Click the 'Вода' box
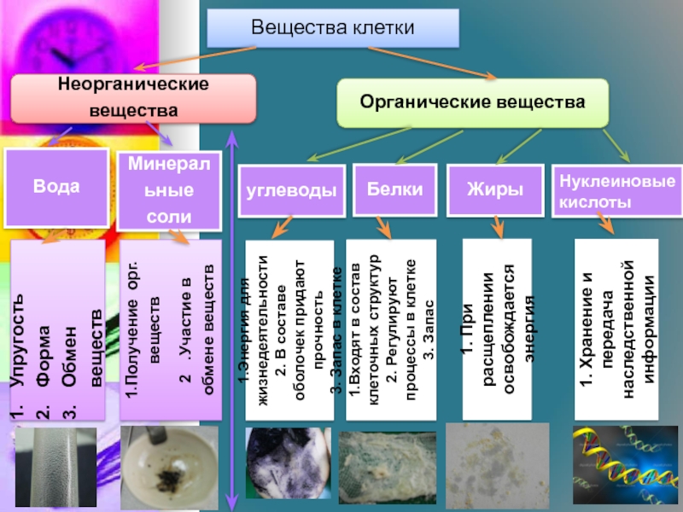click(x=57, y=186)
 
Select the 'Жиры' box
click(x=494, y=189)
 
